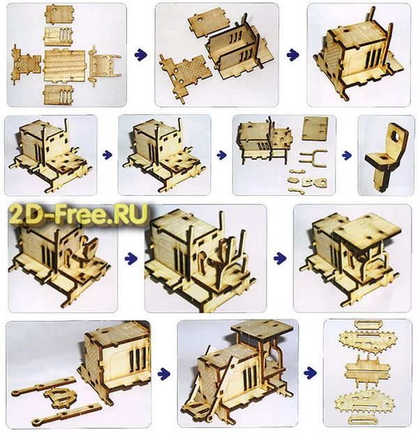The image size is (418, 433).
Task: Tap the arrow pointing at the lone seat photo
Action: pos(347,155)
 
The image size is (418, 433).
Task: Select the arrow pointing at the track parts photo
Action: pos(310,373)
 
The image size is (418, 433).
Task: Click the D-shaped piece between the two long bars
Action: pos(59,395)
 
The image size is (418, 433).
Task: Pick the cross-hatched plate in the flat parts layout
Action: pos(26,64)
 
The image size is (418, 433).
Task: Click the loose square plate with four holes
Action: pos(315,128)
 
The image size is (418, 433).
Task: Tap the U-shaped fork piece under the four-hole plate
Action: pos(313,159)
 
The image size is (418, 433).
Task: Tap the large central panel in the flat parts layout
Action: pos(64,65)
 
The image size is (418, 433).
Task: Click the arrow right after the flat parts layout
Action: pos(140,54)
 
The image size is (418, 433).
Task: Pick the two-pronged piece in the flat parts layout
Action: pos(104,65)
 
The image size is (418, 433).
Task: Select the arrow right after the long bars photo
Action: pos(164,374)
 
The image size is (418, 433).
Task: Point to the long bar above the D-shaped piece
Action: pos(44,386)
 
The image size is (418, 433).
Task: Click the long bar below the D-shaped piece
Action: pos(67,413)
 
